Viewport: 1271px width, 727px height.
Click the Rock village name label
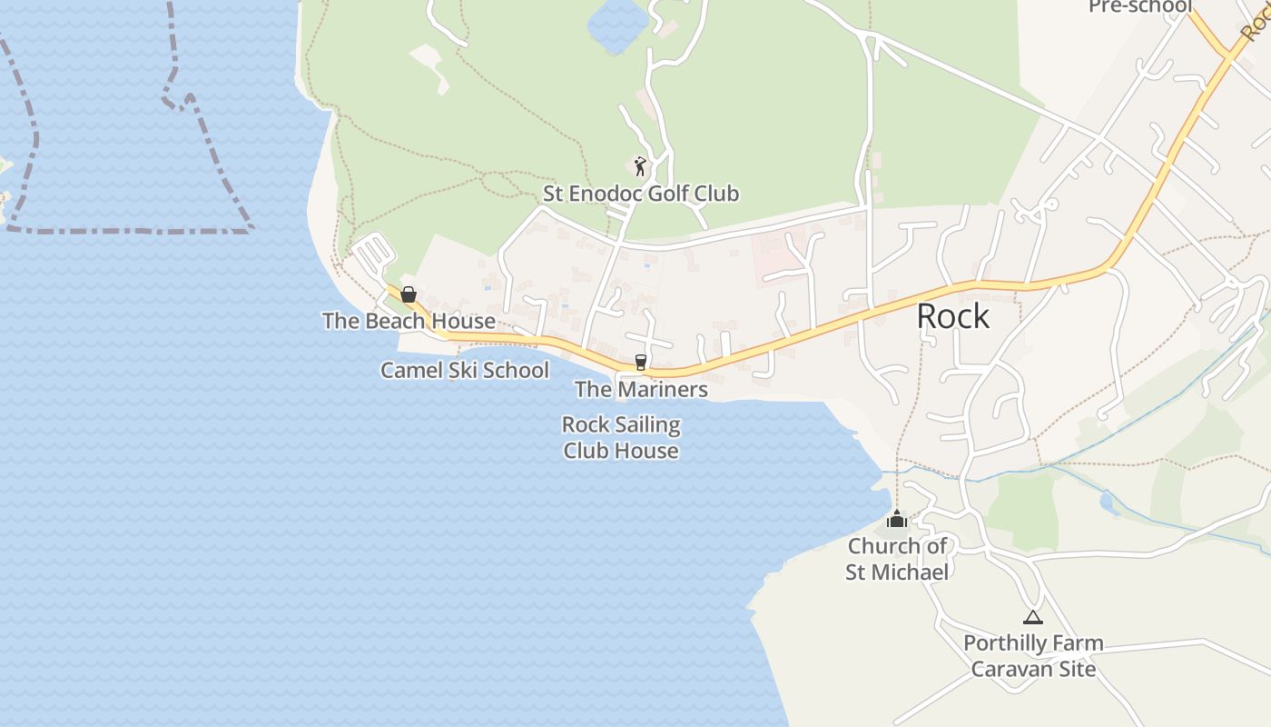pos(952,316)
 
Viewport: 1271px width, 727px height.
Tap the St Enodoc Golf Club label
pos(640,194)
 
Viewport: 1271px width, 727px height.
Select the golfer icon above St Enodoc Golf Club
pos(640,166)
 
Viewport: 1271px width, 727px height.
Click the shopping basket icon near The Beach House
pos(409,294)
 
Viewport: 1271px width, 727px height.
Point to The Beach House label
pos(409,321)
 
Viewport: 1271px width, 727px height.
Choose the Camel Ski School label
pos(464,370)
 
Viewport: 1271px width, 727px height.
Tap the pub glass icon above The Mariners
pos(640,362)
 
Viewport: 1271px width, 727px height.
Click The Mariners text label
pos(641,389)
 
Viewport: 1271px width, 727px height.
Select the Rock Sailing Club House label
pos(621,438)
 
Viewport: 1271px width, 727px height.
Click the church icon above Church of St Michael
pos(897,519)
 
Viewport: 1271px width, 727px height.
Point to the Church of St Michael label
pos(897,559)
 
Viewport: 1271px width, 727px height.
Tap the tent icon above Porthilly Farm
pos(1032,617)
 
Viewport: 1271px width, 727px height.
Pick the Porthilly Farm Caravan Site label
pos(1033,656)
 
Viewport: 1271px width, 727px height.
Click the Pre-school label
pos(1139,6)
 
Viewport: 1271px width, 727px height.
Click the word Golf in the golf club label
pos(670,194)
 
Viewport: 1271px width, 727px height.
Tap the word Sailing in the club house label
pos(646,425)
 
